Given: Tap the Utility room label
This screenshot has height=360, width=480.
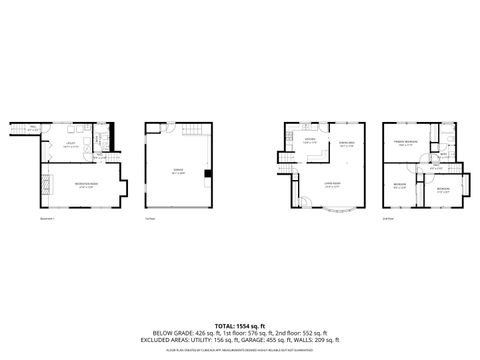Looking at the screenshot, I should click(x=70, y=146).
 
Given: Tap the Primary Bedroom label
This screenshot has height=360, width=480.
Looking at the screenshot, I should click(x=404, y=143).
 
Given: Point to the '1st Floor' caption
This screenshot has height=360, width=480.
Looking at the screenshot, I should click(x=149, y=219).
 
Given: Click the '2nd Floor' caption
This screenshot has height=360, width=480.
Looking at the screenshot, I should click(x=387, y=219).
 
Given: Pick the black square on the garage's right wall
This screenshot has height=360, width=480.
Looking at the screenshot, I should click(x=207, y=174).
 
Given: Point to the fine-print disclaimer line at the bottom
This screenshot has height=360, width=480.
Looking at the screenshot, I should click(x=240, y=351).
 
